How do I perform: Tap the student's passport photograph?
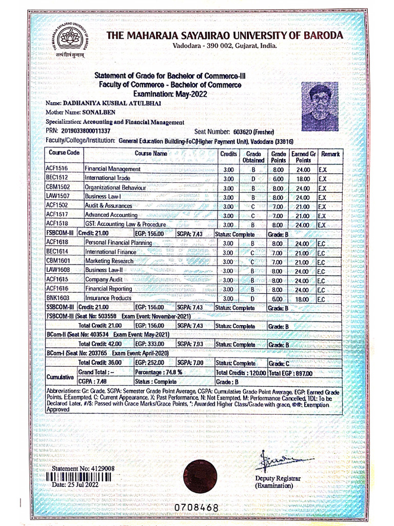pyautogui.click(x=320, y=106)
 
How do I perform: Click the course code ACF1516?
pyautogui.click(x=57, y=169)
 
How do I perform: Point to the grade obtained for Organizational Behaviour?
pyautogui.click(x=253, y=188)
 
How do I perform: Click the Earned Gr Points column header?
pyautogui.click(x=303, y=157)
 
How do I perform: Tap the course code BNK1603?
pyautogui.click(x=57, y=298)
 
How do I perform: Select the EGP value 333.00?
pyautogui.click(x=149, y=344)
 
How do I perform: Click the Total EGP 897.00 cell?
pyautogui.click(x=290, y=373)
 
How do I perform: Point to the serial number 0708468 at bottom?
pyautogui.click(x=196, y=507)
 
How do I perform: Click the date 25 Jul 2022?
pyautogui.click(x=75, y=484)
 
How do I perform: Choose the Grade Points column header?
pyautogui.click(x=278, y=157)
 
